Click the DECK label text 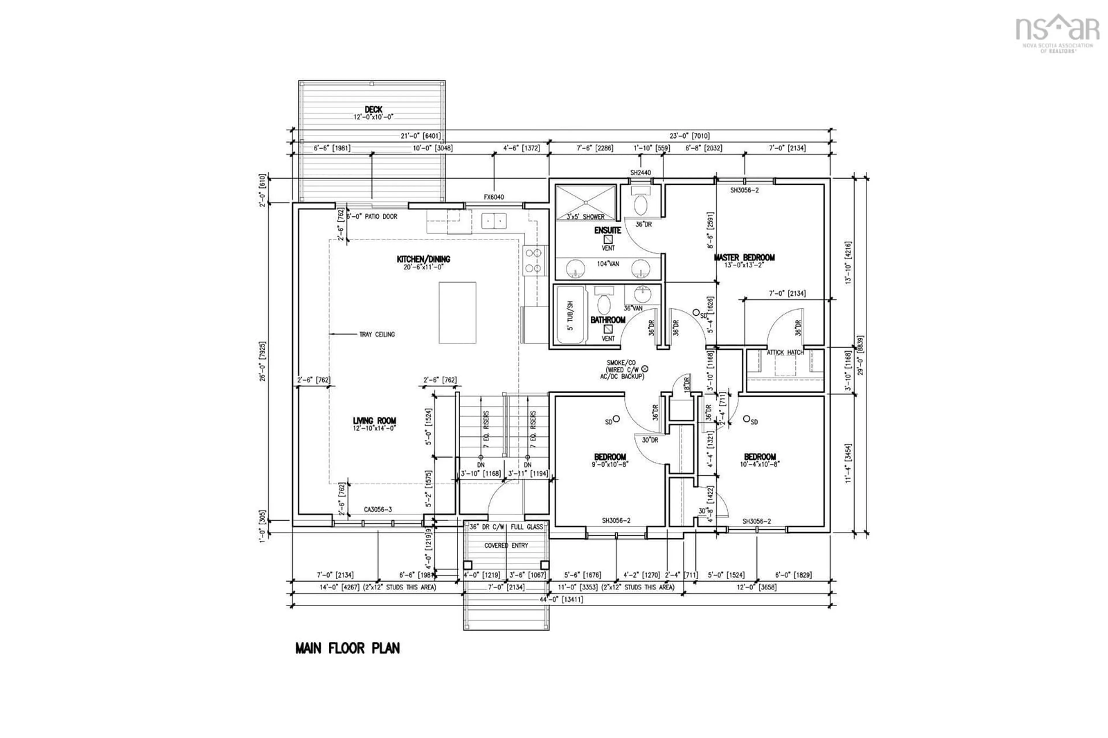[373, 110]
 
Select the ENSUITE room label [607, 230]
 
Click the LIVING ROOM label [374, 421]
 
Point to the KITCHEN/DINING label [423, 259]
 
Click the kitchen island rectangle [457, 312]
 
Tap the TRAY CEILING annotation [377, 334]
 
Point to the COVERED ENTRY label [506, 546]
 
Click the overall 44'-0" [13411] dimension [561, 600]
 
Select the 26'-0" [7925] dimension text [263, 361]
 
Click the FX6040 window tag [493, 197]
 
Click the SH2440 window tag [640, 173]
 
